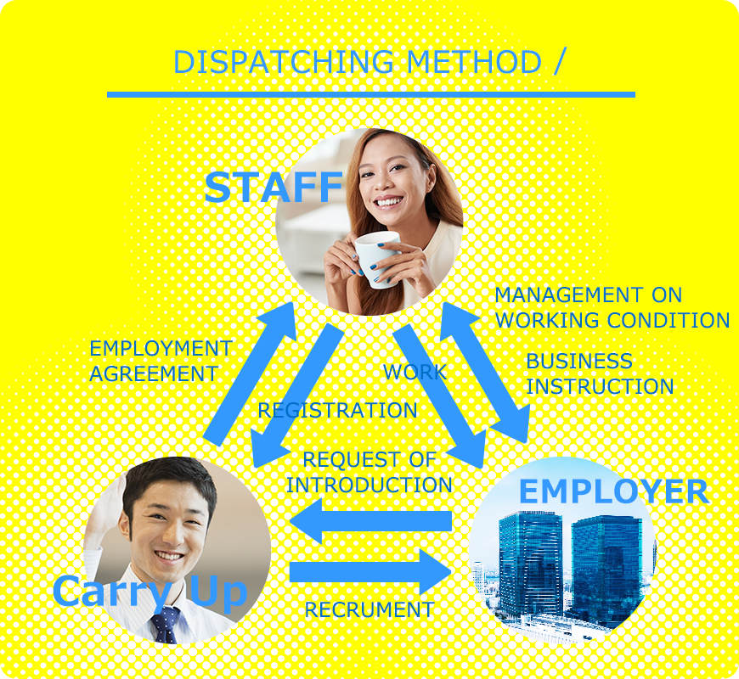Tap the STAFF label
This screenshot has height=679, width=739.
[274, 187]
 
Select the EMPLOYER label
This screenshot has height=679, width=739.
[613, 491]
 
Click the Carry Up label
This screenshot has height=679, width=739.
[150, 592]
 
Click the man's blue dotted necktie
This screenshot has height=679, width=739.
[165, 625]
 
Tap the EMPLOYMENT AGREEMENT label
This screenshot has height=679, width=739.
[161, 362]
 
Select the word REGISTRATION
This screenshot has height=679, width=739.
[337, 410]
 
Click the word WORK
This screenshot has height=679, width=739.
[415, 372]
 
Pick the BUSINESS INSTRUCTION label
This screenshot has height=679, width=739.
[600, 373]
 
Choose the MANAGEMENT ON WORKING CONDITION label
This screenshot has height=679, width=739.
[612, 307]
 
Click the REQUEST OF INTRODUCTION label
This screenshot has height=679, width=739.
[369, 472]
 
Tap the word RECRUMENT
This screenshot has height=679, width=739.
[369, 609]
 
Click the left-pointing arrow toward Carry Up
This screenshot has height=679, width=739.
[371, 521]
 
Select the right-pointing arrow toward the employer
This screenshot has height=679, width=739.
[370, 571]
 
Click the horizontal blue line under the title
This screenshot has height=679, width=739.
[371, 95]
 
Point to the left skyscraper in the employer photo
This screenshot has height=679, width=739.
[530, 564]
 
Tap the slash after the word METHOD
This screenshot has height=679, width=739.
[560, 62]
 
